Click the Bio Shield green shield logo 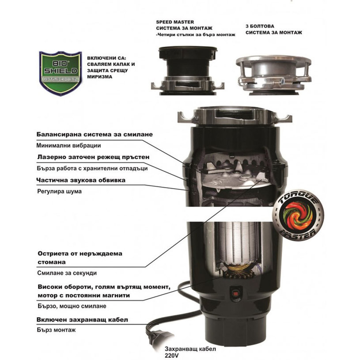(61, 73)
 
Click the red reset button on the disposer (235, 293)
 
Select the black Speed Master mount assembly (187, 70)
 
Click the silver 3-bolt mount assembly (274, 75)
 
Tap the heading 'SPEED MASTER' (175, 22)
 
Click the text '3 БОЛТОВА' (260, 26)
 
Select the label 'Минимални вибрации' (68, 146)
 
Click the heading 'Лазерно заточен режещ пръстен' (93, 157)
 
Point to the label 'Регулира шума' (59, 191)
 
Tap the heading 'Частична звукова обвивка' (81, 180)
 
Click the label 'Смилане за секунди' (67, 273)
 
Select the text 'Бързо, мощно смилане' (72, 306)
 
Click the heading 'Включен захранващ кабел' (82, 320)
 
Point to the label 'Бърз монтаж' (56, 330)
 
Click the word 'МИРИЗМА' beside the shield (100, 77)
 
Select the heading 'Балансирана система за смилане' (95, 134)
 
